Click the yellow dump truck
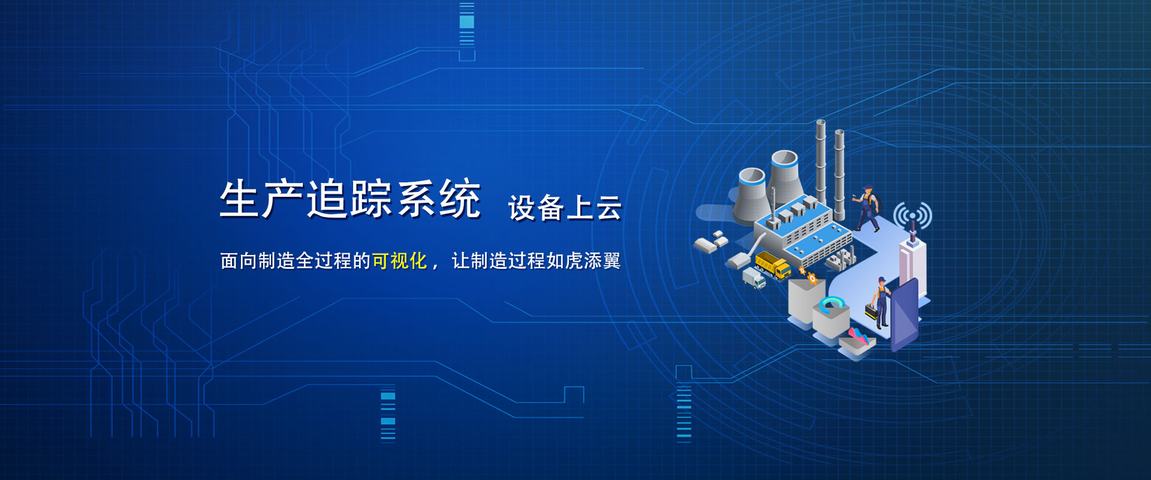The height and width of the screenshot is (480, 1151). coord(773,265)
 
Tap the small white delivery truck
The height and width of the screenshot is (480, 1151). coord(754,278)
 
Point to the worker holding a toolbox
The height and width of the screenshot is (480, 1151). coord(880,302)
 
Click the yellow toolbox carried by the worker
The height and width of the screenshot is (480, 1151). coord(870,312)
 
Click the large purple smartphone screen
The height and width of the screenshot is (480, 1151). coord(905,316)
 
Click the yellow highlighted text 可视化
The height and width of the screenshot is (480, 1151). coord(399,261)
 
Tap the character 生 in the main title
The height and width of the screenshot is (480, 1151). coord(240,199)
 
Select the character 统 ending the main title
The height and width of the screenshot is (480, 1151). coord(460,199)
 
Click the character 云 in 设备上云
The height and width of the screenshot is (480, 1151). coord(608,208)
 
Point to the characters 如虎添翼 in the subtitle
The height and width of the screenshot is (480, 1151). coord(583,261)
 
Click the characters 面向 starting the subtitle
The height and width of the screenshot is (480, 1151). coord(239,261)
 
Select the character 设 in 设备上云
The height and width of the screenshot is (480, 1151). coord(522,208)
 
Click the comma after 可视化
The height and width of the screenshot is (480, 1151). coord(435,265)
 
